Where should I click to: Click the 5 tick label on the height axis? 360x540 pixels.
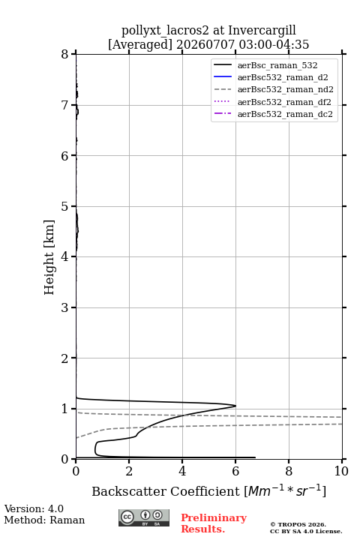coord(65,206)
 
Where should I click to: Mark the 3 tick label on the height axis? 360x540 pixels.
coord(65,307)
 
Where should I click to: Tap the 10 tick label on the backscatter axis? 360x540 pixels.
coord(341,471)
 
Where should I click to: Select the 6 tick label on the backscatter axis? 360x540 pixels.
coord(235,471)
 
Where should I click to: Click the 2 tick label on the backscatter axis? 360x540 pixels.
coord(129,471)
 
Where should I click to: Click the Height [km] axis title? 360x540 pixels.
coord(49,257)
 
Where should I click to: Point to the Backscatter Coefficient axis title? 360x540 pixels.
coord(208,491)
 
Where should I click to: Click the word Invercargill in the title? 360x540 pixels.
coord(262,31)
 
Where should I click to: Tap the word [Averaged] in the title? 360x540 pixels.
coord(139,45)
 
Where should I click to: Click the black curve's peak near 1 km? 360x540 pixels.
coord(235,406)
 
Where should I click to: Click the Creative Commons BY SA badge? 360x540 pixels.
coord(144,517)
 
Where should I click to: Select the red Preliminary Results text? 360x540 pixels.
coord(214,523)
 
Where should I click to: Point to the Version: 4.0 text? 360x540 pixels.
coord(34,508)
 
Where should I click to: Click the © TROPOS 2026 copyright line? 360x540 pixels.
coord(298,524)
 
